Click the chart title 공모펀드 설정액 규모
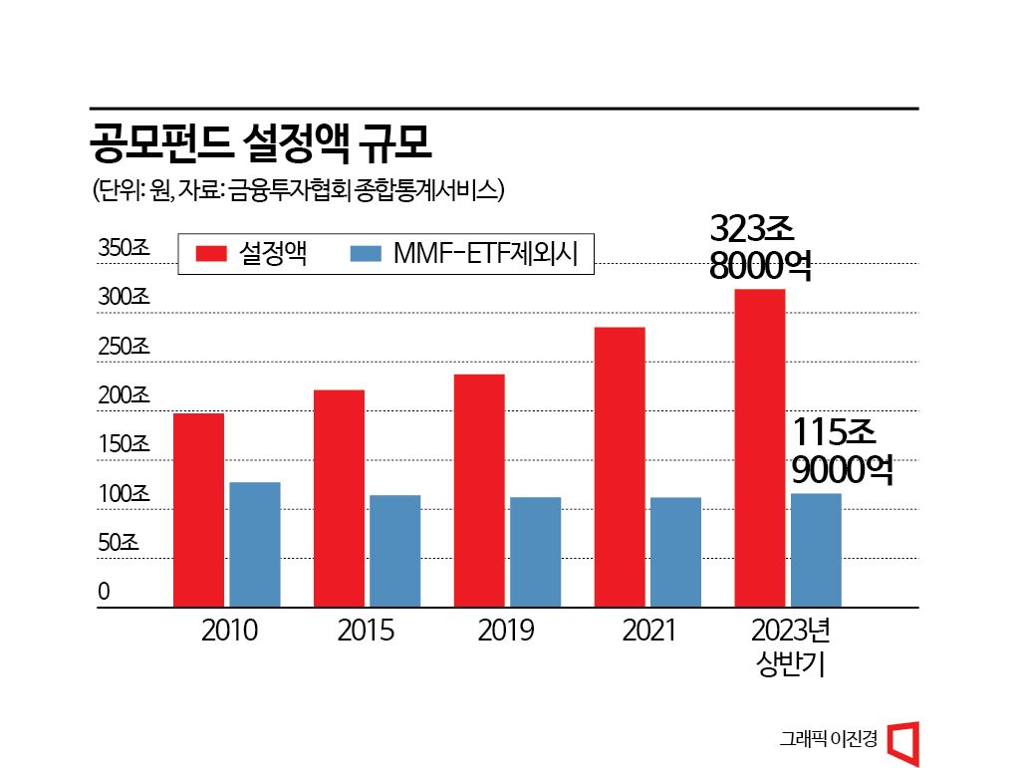coord(260,144)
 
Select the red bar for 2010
coord(198,509)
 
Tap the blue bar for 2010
coord(255,544)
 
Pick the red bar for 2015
coord(339,498)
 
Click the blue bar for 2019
coord(536,551)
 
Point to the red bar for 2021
coord(620,466)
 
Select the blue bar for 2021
coord(675,551)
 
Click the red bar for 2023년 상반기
coord(760,447)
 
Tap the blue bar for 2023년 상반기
coord(816,549)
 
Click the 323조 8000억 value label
coord(760,248)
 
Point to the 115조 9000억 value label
coord(842,450)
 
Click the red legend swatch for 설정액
coord(212,254)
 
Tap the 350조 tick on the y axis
coord(124,249)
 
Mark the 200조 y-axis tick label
coord(124,395)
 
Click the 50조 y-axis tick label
coord(119,543)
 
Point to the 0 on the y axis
coord(104,592)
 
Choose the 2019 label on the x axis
coord(507,632)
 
